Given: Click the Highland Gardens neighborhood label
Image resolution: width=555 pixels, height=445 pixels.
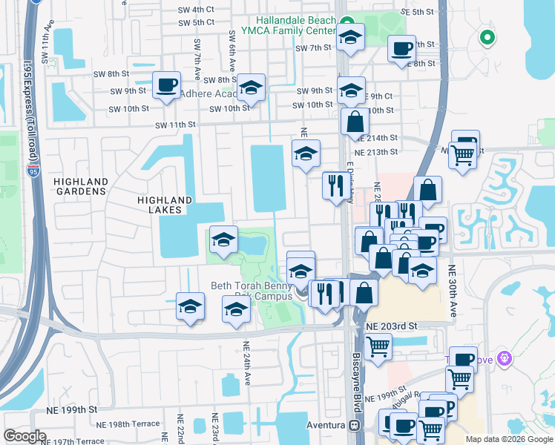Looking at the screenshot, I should coord(80,186).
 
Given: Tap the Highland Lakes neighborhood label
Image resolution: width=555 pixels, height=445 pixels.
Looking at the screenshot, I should coord(164,205).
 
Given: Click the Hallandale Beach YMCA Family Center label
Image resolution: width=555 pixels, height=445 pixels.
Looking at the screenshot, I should coord(295,27).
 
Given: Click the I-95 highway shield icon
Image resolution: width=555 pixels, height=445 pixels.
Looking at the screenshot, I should coord(34,171).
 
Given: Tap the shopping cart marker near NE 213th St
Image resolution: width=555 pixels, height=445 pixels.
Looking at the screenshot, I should coord(462,155).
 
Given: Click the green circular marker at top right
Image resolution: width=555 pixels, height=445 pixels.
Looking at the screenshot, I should coord(487,36).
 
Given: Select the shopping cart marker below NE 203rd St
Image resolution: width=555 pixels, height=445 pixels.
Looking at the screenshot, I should coord(378,346).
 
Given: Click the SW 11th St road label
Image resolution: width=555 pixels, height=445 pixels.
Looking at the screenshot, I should coord(175,125).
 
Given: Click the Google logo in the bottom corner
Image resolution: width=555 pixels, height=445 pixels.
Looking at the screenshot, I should coord(25,436).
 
